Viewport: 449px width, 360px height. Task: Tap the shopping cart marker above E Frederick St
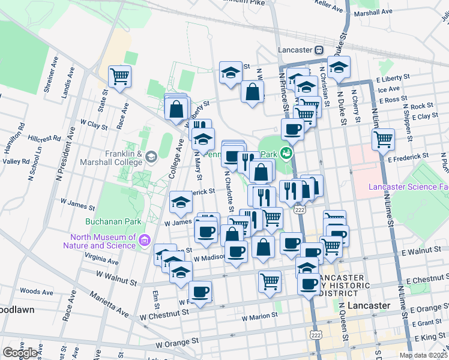(383, 140)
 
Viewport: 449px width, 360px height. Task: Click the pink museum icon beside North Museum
(143, 241)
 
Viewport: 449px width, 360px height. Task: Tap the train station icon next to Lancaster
(319, 50)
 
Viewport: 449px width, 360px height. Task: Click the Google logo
(19, 352)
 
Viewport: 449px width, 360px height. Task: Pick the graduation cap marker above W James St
(180, 202)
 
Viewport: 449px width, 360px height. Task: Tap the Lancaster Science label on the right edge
(408, 187)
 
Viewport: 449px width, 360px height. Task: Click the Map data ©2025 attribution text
(423, 355)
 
